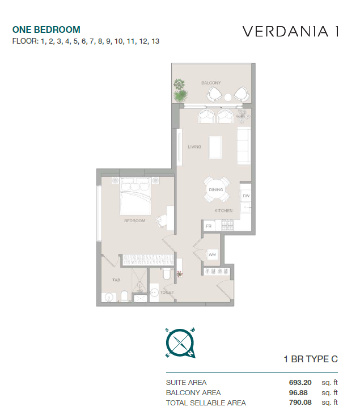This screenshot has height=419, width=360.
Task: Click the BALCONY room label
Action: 211,83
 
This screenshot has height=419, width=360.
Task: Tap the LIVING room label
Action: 194,147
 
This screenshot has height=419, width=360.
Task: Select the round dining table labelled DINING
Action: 216,189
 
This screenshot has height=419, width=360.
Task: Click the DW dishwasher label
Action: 246,196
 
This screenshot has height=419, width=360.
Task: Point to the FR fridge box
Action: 209,226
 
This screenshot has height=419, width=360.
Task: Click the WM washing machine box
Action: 212,255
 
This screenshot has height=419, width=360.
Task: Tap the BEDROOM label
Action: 135,221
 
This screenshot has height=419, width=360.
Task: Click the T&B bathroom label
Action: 116,280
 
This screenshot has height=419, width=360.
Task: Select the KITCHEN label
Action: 223,210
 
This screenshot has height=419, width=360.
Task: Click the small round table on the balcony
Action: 228,98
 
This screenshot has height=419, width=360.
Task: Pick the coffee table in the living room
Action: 215,147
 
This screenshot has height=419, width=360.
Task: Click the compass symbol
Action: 180,344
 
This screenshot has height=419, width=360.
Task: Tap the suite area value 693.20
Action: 300,382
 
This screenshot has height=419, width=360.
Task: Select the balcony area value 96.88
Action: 298,392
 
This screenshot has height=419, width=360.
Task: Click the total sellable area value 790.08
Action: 300,402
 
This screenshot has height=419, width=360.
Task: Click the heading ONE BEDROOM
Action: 46,29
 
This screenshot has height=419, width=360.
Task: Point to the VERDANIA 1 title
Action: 291,32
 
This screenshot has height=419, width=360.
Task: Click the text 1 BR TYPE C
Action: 311,359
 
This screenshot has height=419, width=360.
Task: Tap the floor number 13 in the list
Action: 155,41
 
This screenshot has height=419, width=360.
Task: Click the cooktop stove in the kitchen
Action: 227,225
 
